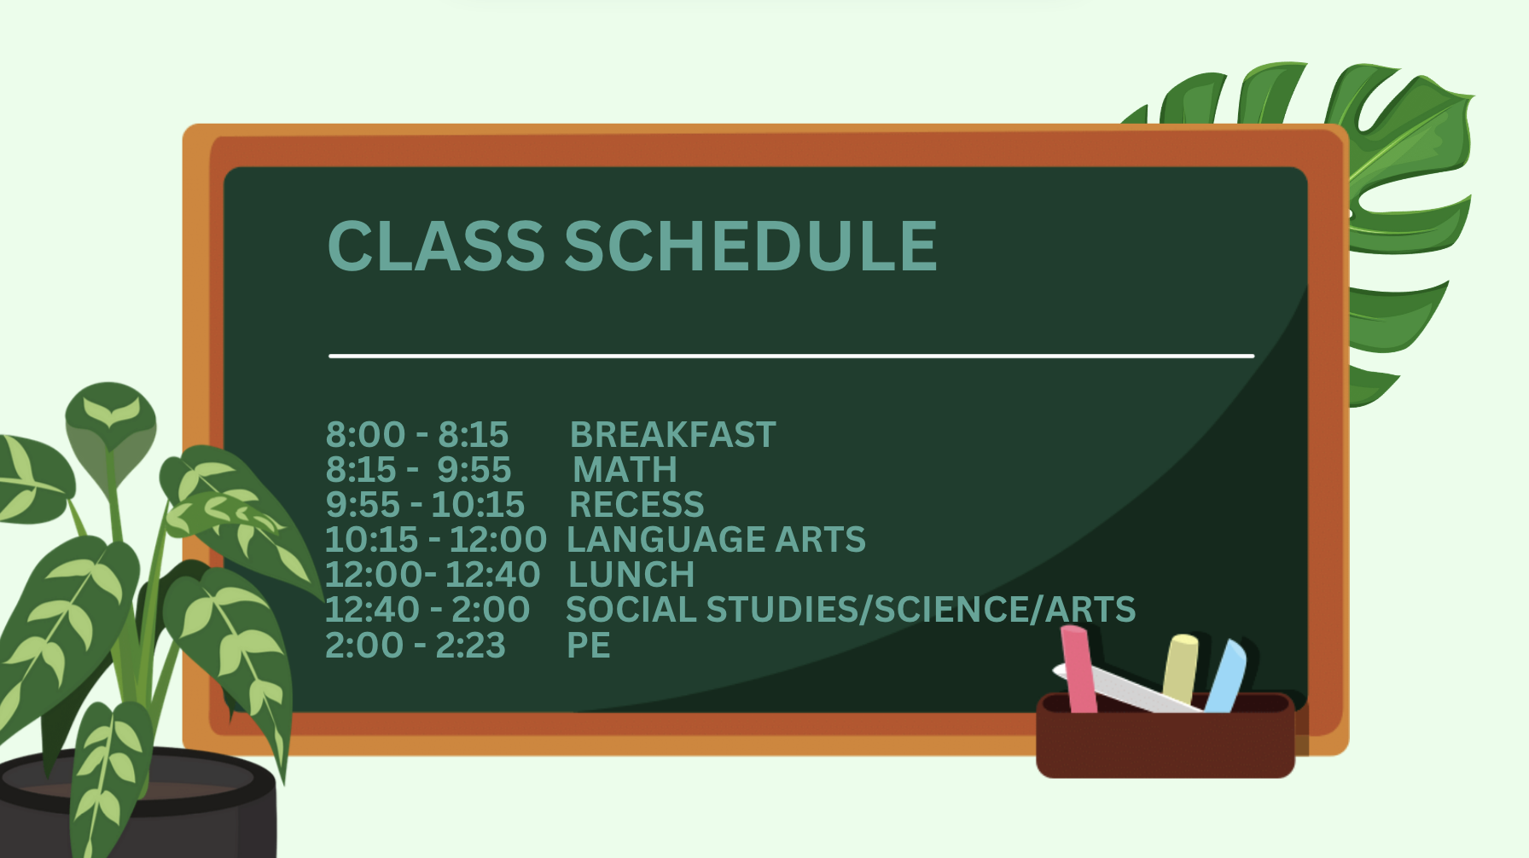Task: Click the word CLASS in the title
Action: [x=436, y=246]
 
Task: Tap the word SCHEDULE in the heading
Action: [x=751, y=246]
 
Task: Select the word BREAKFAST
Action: [x=673, y=435]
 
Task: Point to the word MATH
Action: [x=625, y=470]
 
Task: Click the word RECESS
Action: [x=637, y=505]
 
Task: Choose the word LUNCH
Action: [x=631, y=575]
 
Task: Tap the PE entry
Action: [x=589, y=646]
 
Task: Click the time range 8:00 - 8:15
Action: [x=417, y=435]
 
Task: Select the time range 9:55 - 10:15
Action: [x=425, y=505]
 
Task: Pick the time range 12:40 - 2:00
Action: [x=427, y=610]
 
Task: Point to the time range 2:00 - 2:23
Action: [x=416, y=646]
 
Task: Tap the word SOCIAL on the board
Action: [x=631, y=610]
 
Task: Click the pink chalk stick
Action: [x=1078, y=669]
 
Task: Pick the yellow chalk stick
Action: [x=1180, y=669]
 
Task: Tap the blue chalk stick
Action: [x=1226, y=675]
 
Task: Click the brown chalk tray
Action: [x=1166, y=738]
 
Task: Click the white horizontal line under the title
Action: [x=792, y=356]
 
